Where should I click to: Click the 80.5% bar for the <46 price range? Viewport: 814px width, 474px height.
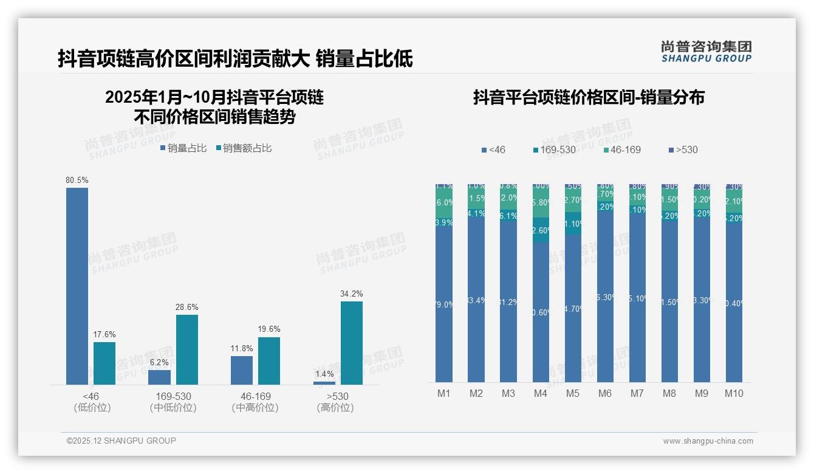pos(77,286)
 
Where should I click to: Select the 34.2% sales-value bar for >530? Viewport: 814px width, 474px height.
pos(351,343)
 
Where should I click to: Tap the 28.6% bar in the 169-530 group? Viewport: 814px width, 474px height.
pos(186,349)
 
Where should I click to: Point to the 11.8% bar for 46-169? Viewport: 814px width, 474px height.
pos(242,370)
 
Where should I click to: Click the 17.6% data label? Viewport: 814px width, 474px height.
pos(104,335)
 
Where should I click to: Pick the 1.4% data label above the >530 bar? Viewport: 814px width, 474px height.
pos(324,374)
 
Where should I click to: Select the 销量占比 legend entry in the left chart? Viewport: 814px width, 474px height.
pos(183,148)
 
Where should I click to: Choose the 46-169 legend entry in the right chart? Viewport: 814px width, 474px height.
pos(623,149)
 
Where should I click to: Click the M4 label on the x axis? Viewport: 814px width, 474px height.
pos(541,393)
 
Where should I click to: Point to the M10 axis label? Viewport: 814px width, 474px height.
pos(734,393)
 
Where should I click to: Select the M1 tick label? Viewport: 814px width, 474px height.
pos(444,393)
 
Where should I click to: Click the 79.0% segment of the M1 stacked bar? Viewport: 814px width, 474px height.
pos(444,304)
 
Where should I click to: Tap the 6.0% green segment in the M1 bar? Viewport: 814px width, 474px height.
pos(444,203)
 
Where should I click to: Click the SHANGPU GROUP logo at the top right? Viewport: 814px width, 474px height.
pos(706,52)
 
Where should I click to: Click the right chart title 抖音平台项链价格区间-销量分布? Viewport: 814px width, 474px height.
pos(589,97)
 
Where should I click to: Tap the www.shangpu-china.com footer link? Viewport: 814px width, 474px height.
pos(708,441)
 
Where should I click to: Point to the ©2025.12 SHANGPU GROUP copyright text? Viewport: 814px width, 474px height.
pos(121,441)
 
